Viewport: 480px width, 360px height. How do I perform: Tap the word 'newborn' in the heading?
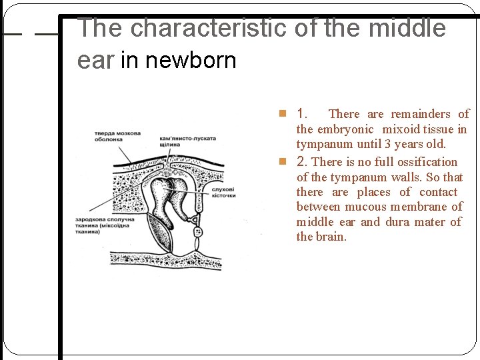pos(191,61)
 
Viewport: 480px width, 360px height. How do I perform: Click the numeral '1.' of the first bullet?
pos(302,113)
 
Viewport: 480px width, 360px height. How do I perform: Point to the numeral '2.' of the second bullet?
pos(303,161)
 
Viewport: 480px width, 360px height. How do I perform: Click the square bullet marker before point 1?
pos(283,114)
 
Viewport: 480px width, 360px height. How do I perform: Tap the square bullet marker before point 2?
pos(283,162)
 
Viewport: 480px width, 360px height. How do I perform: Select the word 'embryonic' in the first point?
pos(345,129)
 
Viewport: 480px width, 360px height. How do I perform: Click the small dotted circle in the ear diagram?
pos(197,232)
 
